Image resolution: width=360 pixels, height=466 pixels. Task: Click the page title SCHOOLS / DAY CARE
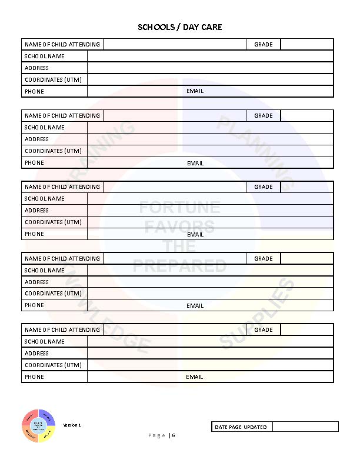pyautogui.click(x=180, y=27)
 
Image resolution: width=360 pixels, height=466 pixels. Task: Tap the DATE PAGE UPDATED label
pyautogui.click(x=241, y=427)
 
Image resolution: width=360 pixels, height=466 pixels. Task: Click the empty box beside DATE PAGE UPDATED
pyautogui.click(x=305, y=427)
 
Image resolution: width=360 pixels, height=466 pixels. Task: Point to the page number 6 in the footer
pyautogui.click(x=174, y=435)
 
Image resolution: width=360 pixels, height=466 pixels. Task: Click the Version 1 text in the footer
pyautogui.click(x=72, y=425)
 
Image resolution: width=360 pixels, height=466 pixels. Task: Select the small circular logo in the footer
pyautogui.click(x=39, y=425)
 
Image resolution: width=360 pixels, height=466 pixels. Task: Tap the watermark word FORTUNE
pyautogui.click(x=179, y=208)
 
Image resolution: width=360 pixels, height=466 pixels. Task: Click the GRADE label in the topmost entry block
pyautogui.click(x=264, y=45)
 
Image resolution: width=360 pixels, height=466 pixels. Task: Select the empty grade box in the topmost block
pyautogui.click(x=306, y=45)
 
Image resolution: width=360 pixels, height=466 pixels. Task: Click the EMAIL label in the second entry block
pyautogui.click(x=195, y=163)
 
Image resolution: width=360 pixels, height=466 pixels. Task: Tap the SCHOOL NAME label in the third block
pyautogui.click(x=45, y=199)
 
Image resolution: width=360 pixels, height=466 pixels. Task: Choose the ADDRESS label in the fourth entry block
pyautogui.click(x=37, y=282)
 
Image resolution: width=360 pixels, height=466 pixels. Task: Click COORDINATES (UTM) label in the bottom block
pyautogui.click(x=53, y=365)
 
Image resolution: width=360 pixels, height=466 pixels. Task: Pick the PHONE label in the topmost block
pyautogui.click(x=34, y=92)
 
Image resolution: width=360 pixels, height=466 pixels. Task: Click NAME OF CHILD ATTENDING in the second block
pyautogui.click(x=62, y=116)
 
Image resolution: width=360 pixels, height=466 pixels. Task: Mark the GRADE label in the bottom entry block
pyautogui.click(x=264, y=330)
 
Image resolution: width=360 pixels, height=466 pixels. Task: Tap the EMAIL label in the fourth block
pyautogui.click(x=195, y=306)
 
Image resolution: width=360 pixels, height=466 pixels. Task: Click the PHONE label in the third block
pyautogui.click(x=34, y=234)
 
